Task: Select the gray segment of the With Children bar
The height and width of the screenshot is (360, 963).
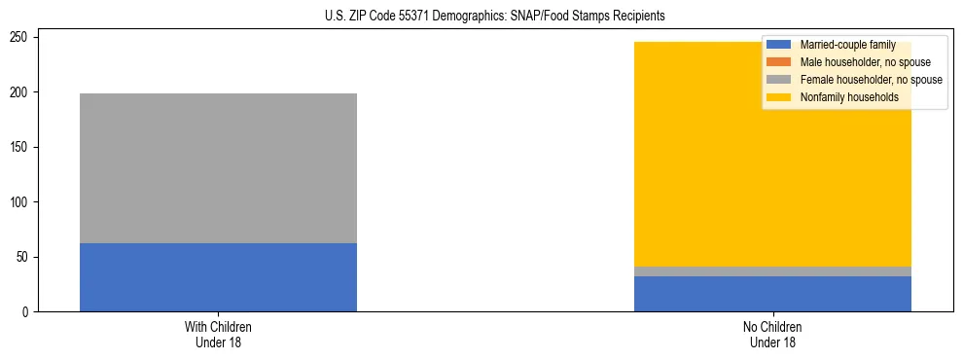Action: point(218,167)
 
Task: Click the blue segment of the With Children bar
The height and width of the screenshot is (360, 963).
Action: point(218,277)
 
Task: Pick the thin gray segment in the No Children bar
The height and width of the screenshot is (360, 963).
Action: point(772,271)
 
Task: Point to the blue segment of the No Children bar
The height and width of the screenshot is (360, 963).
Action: point(772,294)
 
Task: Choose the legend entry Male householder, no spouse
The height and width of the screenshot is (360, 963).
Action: point(865,62)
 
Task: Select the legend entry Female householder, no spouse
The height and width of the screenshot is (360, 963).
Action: point(871,80)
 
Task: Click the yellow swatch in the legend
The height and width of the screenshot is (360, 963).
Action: point(779,97)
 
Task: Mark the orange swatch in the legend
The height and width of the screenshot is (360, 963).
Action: point(779,62)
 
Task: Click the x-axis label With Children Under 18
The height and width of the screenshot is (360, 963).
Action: point(218,333)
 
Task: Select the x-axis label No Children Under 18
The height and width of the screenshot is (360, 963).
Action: point(772,333)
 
